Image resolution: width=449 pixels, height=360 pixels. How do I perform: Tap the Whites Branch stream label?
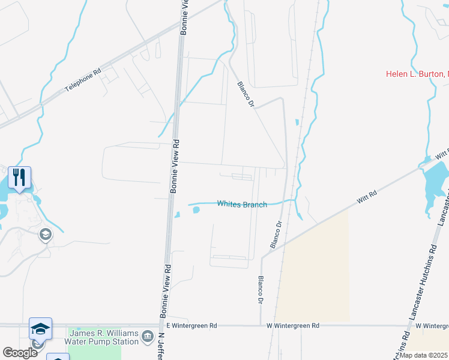(x=242, y=204)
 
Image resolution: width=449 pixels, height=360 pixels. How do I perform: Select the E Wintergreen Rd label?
(x=191, y=325)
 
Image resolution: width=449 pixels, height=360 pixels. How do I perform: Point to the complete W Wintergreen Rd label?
(x=293, y=326)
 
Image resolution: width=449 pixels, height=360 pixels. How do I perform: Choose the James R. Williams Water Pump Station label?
(x=104, y=337)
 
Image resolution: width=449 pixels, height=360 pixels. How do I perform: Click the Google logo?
(x=20, y=353)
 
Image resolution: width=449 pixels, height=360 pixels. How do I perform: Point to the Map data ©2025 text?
(x=423, y=355)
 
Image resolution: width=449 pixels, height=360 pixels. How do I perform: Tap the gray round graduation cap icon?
(x=45, y=235)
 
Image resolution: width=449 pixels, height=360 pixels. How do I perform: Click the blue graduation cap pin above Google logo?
(x=40, y=328)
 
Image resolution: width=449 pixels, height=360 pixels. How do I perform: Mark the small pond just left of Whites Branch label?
(x=195, y=209)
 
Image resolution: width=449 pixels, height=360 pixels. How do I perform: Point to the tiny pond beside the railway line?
(x=297, y=122)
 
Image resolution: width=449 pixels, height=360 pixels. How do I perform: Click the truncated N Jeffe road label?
(x=161, y=347)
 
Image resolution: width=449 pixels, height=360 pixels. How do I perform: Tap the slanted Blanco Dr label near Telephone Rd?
(x=246, y=94)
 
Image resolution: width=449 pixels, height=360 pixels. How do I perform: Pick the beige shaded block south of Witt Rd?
(x=315, y=270)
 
